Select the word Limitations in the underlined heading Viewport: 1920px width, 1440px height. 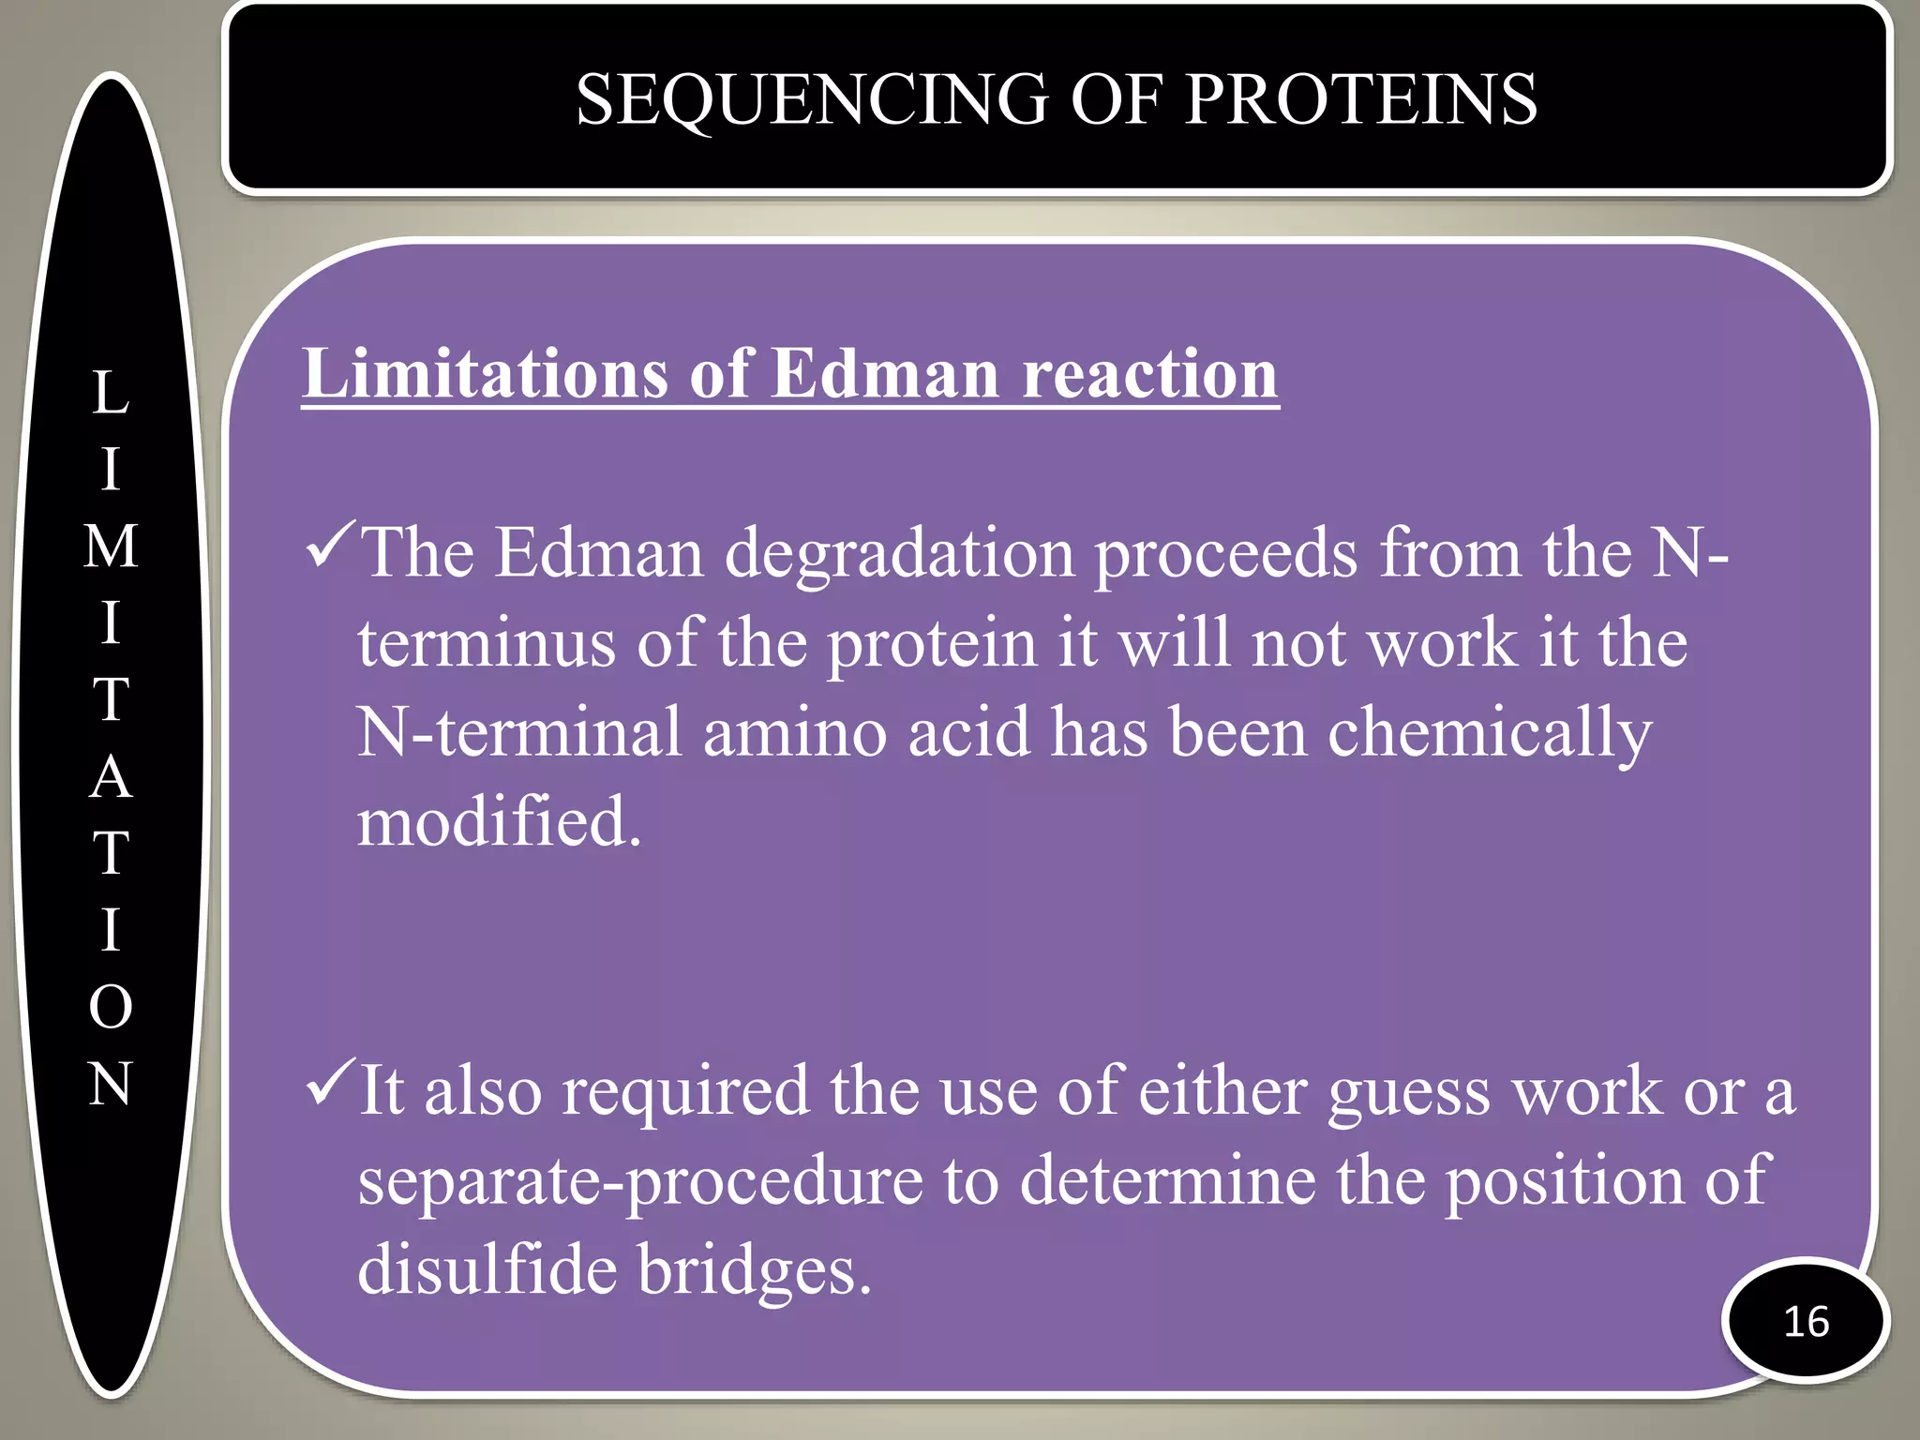pyautogui.click(x=484, y=373)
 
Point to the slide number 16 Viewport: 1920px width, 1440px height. pyautogui.click(x=1806, y=1321)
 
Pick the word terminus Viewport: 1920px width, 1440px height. pyautogui.click(x=487, y=645)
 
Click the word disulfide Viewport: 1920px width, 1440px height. pyautogui.click(x=487, y=1269)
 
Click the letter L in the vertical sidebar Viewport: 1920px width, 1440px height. pyautogui.click(x=111, y=393)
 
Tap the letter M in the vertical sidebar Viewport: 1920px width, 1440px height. pyautogui.click(x=111, y=547)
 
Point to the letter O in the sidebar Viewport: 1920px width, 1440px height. pyautogui.click(x=111, y=1007)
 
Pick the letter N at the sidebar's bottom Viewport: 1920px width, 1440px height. pyautogui.click(x=111, y=1084)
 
